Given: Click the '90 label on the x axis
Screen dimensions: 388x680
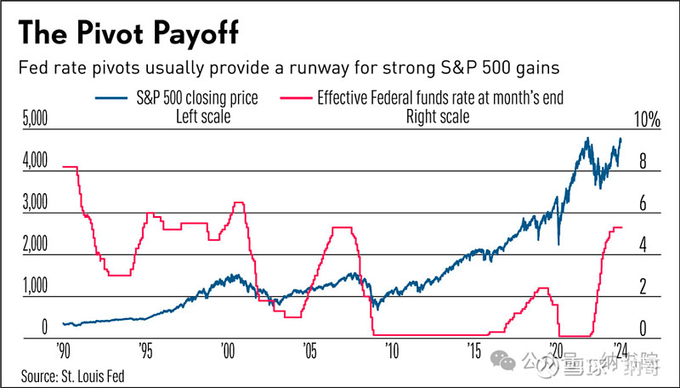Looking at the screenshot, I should click(x=63, y=351).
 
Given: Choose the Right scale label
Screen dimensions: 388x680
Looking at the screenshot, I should click(x=437, y=116).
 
